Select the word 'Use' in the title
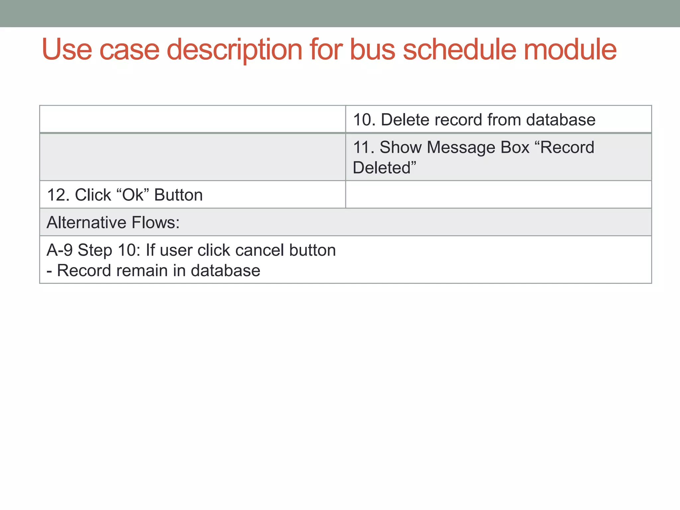67,49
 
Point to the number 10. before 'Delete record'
364,120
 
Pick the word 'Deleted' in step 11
382,168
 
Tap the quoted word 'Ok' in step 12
133,195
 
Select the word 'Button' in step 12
178,195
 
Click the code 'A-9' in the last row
59,250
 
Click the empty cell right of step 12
498,195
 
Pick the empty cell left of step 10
193,119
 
